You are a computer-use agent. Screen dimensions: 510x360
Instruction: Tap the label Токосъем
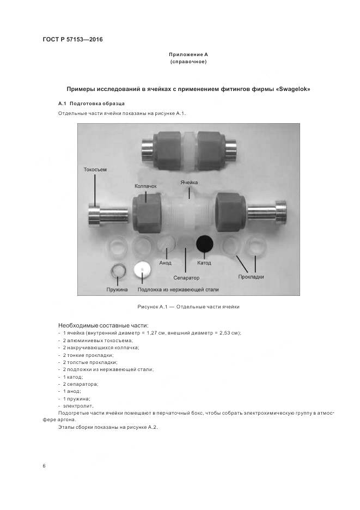[x=95, y=169]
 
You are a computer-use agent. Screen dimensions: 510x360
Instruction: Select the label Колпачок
[x=145, y=186]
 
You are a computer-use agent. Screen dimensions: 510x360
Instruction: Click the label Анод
[x=165, y=263]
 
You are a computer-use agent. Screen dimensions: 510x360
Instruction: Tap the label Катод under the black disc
[x=204, y=263]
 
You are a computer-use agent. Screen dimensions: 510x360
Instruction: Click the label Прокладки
[x=251, y=276]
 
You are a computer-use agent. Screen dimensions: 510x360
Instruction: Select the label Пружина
[x=117, y=289]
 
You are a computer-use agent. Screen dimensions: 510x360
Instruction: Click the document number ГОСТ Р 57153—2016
[x=72, y=40]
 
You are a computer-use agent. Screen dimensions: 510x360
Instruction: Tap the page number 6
[x=44, y=466]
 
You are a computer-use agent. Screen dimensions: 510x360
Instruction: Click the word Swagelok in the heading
[x=296, y=88]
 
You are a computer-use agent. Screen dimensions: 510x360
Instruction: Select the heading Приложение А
[x=188, y=54]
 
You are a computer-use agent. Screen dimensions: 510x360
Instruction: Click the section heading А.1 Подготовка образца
[x=91, y=104]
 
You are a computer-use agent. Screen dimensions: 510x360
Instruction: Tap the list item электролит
[x=77, y=405]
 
